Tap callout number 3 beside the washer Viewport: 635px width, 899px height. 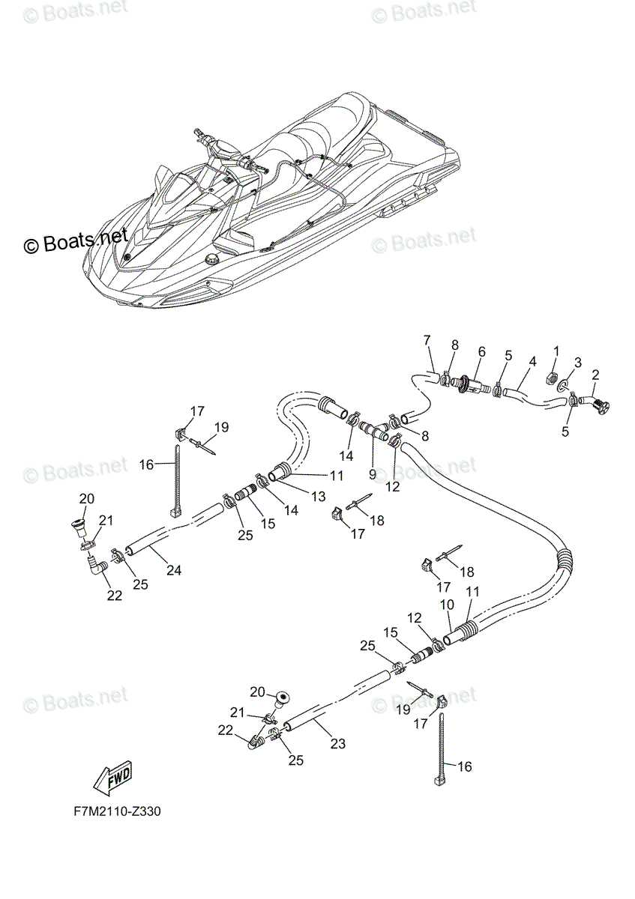pyautogui.click(x=577, y=362)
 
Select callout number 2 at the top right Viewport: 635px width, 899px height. pyautogui.click(x=596, y=374)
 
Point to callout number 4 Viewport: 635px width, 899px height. pyautogui.click(x=532, y=361)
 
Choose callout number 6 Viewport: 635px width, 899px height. pyautogui.click(x=482, y=351)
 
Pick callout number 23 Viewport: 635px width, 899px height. pyautogui.click(x=337, y=743)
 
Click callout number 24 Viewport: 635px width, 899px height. pyautogui.click(x=174, y=570)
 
